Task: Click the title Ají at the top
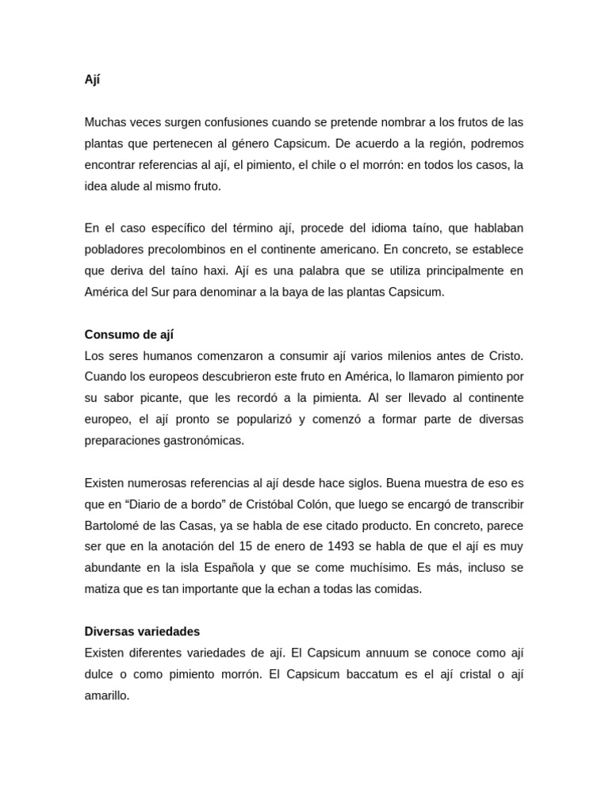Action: tap(92, 80)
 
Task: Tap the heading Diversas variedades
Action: tap(142, 632)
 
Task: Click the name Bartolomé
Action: tap(114, 526)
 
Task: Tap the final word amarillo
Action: tap(106, 695)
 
